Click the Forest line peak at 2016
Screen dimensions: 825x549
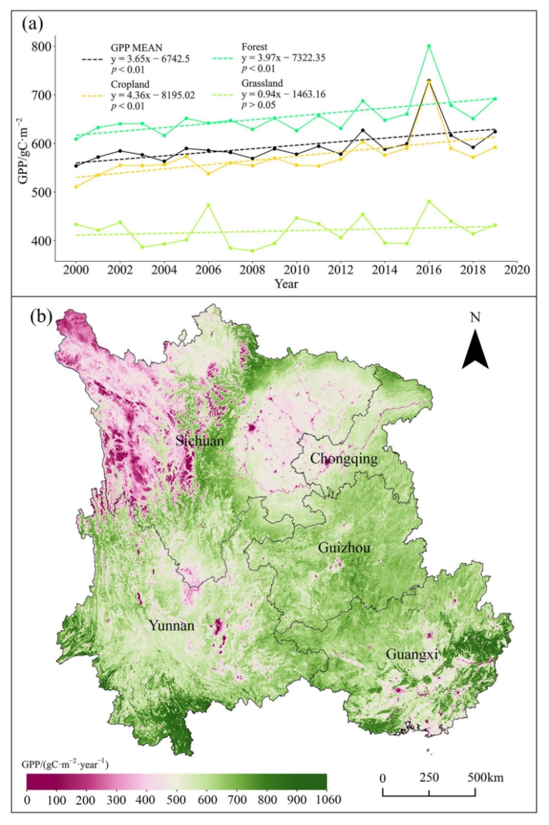tap(429, 46)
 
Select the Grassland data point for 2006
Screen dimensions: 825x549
tap(208, 205)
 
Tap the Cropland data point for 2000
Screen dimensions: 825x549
tap(76, 187)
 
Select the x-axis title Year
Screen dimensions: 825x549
tap(287, 284)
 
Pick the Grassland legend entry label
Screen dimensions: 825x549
tap(262, 84)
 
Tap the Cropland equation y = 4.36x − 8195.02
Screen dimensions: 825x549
tap(152, 95)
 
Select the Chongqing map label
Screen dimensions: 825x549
tap(344, 459)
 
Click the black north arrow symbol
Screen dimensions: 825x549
tap(475, 350)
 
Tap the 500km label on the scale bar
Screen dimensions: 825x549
tap(487, 777)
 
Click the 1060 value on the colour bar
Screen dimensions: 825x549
tap(325, 799)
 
